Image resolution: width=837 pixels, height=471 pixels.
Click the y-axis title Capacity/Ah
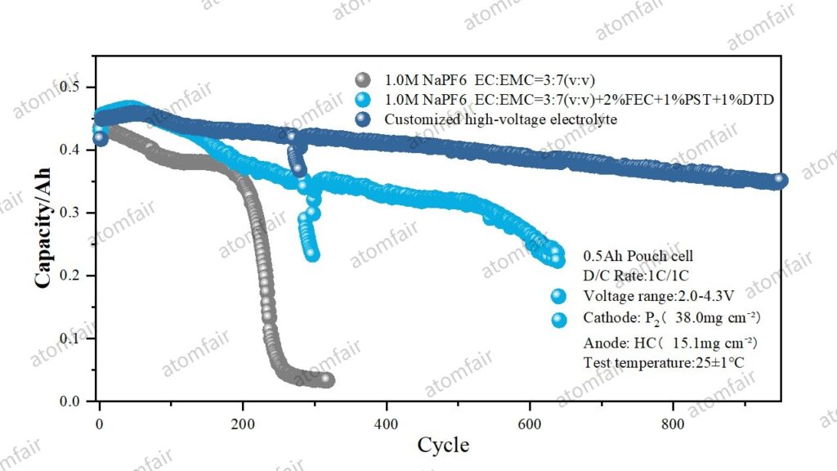(43, 227)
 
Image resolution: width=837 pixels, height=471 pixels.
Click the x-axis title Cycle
(443, 445)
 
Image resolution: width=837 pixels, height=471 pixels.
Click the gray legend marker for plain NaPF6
(363, 80)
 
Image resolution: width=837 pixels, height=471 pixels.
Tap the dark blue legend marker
(363, 119)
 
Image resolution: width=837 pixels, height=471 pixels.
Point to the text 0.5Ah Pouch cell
(638, 256)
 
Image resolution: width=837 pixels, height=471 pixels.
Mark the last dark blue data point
(780, 180)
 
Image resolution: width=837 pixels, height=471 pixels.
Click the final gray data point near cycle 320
(327, 379)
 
